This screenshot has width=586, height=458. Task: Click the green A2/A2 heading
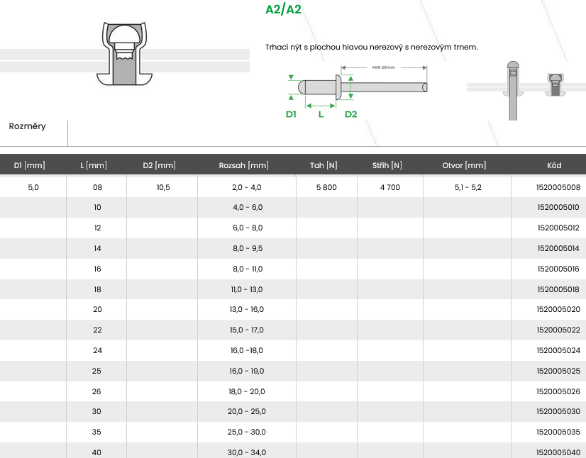coord(283,9)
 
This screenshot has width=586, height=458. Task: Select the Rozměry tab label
coord(27,126)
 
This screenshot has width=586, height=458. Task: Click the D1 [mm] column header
coord(30,165)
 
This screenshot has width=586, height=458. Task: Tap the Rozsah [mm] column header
coord(243,165)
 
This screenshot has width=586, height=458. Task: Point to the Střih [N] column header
coord(387,165)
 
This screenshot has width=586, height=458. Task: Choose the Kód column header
coord(554,165)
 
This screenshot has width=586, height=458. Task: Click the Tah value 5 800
coord(326,187)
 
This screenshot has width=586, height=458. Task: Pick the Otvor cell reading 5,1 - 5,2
coord(468,187)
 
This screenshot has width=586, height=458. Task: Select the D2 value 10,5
coord(163,187)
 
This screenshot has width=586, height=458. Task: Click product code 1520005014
coord(558,248)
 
